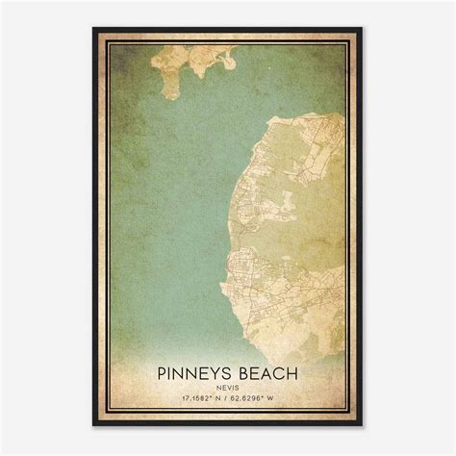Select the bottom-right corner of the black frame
tap(363, 425)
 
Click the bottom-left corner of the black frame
tap(93, 425)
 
